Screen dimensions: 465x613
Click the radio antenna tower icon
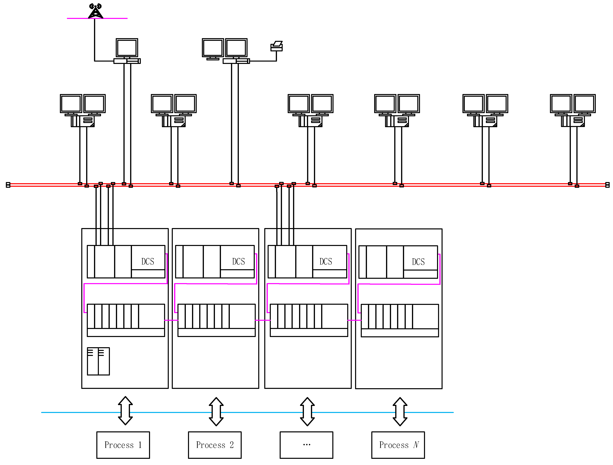[95, 11]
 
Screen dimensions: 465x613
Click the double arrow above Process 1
[125, 411]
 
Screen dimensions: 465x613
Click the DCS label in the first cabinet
[148, 262]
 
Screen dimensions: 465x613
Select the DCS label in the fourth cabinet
[418, 262]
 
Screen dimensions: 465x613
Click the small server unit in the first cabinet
[98, 361]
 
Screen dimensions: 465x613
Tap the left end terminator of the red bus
[8, 185]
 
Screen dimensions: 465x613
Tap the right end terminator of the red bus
[607, 185]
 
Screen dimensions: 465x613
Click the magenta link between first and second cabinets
[171, 320]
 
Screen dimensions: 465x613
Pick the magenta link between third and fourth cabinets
[354, 320]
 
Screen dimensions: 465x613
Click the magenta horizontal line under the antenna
[111, 18]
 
